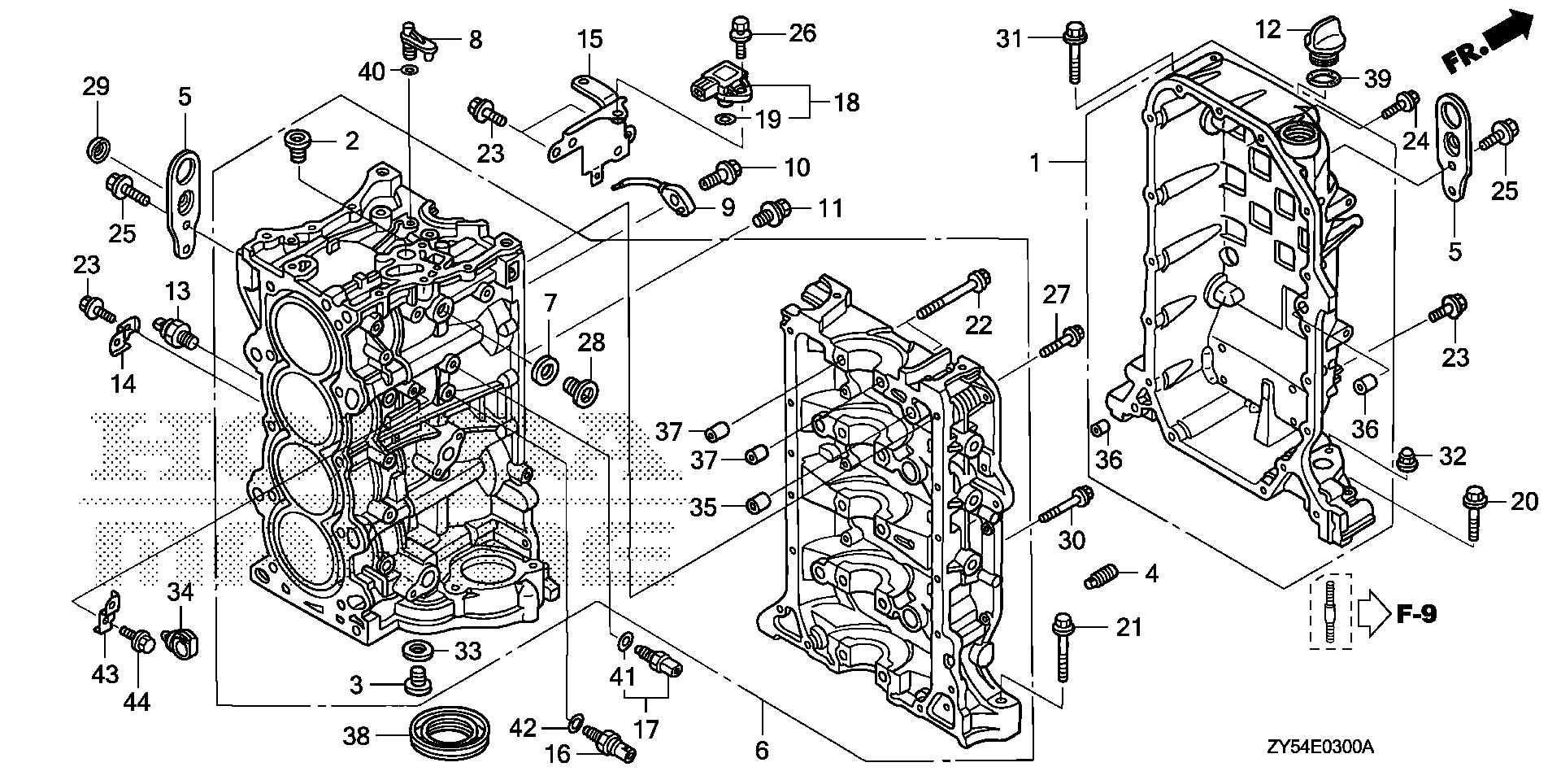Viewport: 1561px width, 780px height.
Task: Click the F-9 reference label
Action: [1415, 613]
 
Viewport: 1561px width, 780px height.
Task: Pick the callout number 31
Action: [1009, 37]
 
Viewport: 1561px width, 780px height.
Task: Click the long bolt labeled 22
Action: [953, 293]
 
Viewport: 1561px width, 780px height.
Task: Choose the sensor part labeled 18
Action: [720, 86]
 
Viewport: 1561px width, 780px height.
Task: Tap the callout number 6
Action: [762, 749]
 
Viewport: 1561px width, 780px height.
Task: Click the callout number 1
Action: [1034, 163]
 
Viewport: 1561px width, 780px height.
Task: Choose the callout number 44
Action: [136, 701]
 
